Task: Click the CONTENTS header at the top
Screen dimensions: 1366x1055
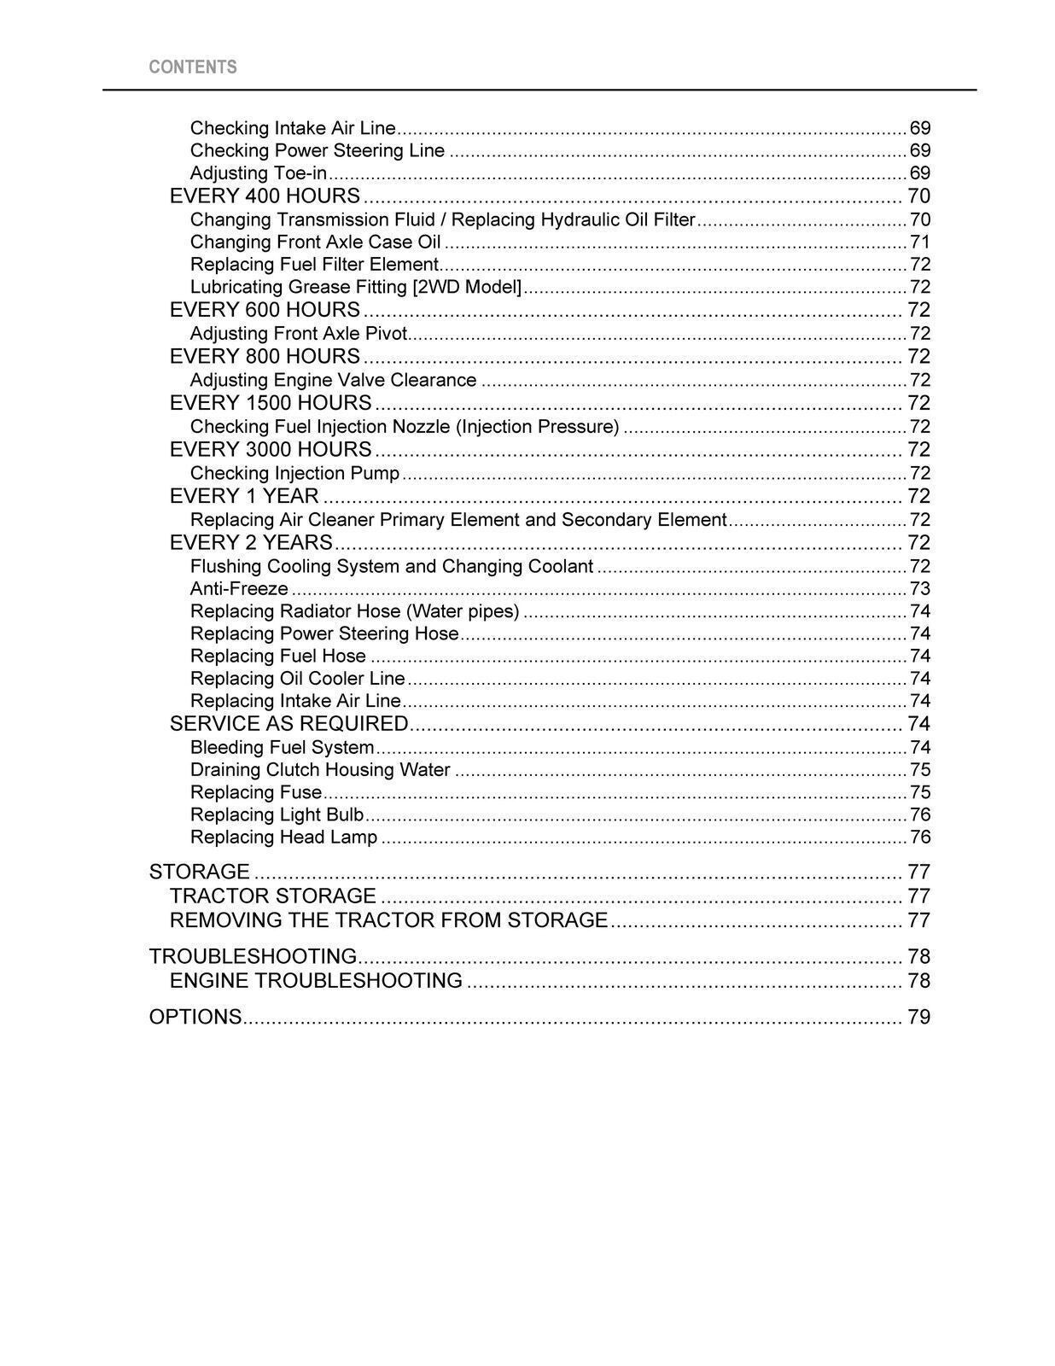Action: [x=193, y=67]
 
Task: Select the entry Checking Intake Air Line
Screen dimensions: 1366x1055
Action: [x=293, y=128]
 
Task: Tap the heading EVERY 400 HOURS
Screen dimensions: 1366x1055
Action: [x=265, y=196]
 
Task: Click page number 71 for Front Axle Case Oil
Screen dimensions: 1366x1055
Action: [x=919, y=242]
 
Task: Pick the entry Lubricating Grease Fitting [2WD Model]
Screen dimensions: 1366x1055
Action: [x=355, y=287]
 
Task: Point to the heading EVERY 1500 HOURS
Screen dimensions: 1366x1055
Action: [x=271, y=403]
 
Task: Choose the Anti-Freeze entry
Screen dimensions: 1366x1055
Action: [x=239, y=589]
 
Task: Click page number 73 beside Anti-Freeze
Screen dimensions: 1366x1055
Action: [x=919, y=589]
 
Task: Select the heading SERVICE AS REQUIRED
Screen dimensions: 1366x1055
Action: [x=289, y=724]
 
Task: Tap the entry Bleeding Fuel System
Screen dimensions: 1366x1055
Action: [x=283, y=748]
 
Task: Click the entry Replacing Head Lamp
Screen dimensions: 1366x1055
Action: [x=283, y=838]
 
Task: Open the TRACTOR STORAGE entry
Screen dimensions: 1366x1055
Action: [x=272, y=896]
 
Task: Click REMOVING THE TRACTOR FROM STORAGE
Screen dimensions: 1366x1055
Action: [x=388, y=920]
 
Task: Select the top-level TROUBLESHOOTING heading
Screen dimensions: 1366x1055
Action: [x=253, y=957]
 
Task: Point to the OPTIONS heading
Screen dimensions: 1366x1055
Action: [x=195, y=1018]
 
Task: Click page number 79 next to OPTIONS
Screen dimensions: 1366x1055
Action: [x=918, y=1018]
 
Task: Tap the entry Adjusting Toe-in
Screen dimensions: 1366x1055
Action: [x=259, y=173]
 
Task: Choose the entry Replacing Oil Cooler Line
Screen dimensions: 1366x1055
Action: [x=297, y=679]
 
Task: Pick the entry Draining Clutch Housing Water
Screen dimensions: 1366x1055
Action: [x=320, y=770]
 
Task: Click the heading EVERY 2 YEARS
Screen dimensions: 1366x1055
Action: [x=251, y=543]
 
